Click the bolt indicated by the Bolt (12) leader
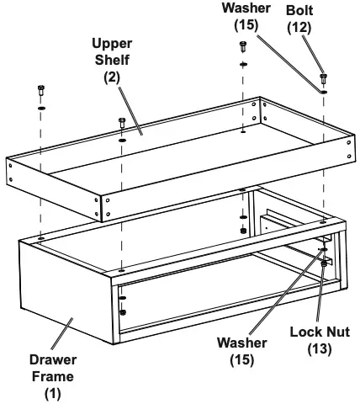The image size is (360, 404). tap(323, 79)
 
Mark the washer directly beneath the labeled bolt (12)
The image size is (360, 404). tap(324, 92)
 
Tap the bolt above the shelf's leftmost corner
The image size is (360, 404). tap(41, 90)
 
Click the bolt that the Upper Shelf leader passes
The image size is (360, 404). tap(123, 124)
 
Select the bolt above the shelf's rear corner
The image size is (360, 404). tap(243, 48)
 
